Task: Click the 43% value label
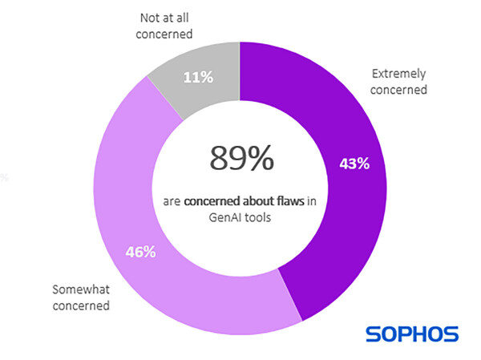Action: (353, 164)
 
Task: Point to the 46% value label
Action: (139, 252)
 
